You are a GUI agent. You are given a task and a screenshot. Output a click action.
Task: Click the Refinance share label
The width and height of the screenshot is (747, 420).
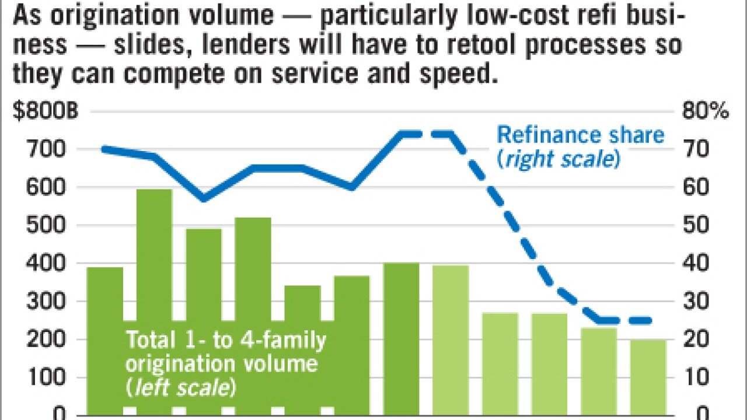pos(580,135)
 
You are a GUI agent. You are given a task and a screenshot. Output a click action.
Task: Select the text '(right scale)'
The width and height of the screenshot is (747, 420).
pos(559,159)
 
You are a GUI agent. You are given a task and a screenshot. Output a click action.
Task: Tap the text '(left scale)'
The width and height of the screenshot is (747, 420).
pos(181,388)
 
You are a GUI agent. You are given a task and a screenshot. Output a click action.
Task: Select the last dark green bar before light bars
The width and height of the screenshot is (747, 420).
pos(402,338)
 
